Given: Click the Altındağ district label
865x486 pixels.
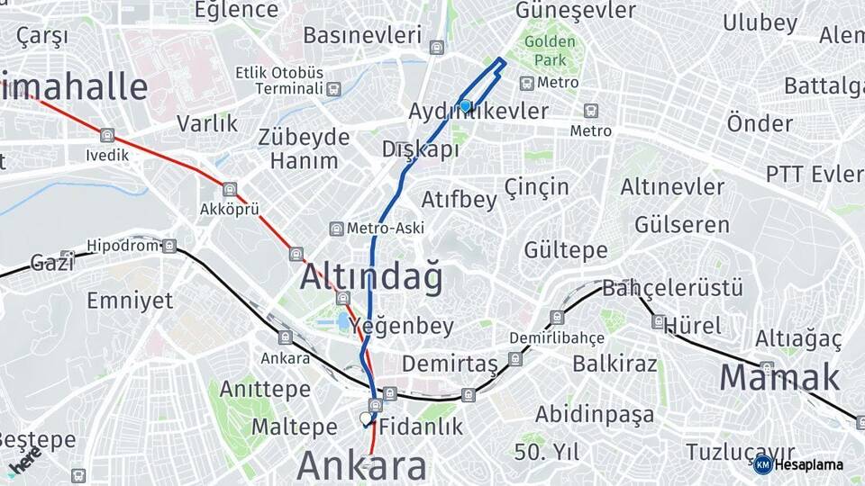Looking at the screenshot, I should pos(371,278).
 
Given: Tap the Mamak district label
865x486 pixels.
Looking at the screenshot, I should pos(779,378).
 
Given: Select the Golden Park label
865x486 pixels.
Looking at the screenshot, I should pos(550,51).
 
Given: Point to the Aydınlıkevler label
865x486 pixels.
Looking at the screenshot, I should pos(478,111).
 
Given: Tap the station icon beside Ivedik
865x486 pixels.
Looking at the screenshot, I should pos(108,136).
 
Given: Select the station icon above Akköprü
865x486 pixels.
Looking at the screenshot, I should pos(230,190).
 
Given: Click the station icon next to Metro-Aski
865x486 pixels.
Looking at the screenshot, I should pos(336,229).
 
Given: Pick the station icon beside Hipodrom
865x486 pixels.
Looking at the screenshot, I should pos(168,246).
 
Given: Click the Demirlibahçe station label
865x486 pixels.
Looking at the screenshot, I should pos(557,337).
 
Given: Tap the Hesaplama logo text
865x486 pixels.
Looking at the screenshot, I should pos(808,464).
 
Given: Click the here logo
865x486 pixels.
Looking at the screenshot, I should pos(24,460).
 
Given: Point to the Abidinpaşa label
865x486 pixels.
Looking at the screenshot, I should pos(595,414).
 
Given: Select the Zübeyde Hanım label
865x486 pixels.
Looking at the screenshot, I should pos(304,149).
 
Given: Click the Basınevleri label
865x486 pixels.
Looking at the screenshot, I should pos(362,35).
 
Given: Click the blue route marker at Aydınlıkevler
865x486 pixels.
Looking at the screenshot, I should pos(465,105).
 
